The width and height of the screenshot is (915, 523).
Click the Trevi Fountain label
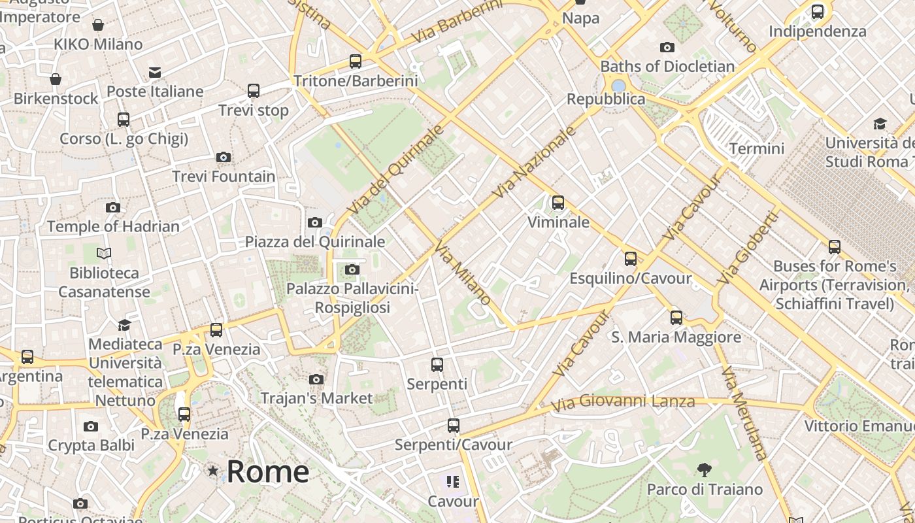click(224, 177)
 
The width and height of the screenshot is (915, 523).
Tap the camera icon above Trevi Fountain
click(224, 158)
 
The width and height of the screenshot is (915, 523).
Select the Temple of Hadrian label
click(113, 227)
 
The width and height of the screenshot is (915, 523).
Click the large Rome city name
click(268, 471)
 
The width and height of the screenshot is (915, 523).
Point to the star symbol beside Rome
click(212, 471)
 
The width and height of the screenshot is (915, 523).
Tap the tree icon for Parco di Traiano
click(704, 469)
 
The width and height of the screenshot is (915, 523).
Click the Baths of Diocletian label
click(667, 67)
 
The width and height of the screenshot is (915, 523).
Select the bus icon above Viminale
click(557, 203)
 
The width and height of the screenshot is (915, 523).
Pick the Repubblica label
click(606, 99)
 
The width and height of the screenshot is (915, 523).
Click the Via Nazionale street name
click(534, 162)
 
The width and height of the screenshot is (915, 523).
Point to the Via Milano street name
click(463, 272)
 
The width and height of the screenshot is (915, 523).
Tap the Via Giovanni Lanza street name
click(622, 402)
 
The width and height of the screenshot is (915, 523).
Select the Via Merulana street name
click(743, 413)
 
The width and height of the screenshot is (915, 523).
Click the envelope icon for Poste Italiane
click(155, 72)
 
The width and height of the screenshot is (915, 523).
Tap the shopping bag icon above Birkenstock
click(56, 80)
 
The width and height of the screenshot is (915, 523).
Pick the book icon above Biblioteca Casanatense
click(104, 253)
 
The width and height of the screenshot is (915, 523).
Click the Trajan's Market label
click(316, 398)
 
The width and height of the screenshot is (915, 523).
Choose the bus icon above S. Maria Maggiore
click(676, 318)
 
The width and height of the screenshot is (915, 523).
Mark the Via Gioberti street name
click(747, 248)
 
